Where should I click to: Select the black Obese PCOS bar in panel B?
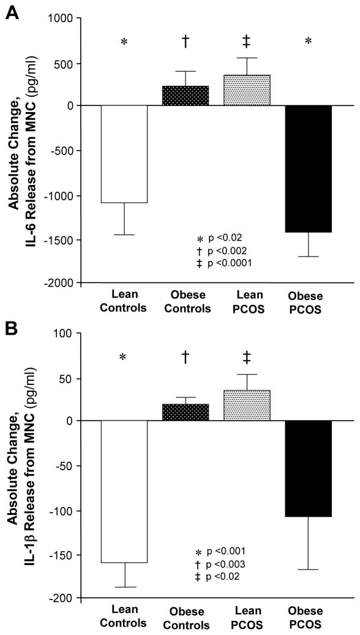[309, 468]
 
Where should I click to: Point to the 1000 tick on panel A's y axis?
[61, 18]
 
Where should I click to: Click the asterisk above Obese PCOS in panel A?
[309, 42]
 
